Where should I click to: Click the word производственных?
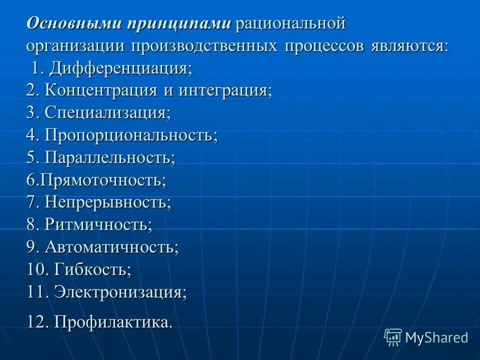[204, 46]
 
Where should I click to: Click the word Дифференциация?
[118, 68]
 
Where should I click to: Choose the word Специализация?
[107, 113]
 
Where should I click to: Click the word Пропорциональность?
[131, 135]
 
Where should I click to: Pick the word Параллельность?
[109, 157]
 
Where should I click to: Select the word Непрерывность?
[107, 202]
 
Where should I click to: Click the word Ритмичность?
[98, 224]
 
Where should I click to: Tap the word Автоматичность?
[111, 247]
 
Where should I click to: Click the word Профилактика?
[113, 321]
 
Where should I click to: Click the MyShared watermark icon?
[393, 337]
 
